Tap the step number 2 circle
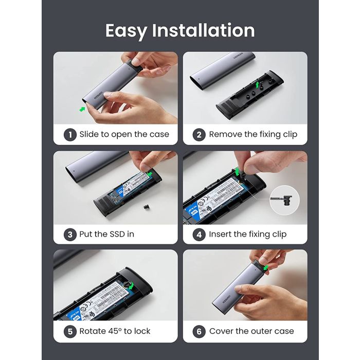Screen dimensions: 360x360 [x=200, y=135]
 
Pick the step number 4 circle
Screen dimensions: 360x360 [x=200, y=234]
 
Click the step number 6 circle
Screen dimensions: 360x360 [x=200, y=331]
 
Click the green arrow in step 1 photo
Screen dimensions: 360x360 [x=82, y=109]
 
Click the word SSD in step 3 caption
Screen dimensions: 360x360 [x=116, y=234]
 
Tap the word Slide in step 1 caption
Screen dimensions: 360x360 [x=90, y=135]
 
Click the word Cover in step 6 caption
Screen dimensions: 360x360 [x=222, y=331]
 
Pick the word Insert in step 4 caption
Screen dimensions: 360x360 [x=220, y=234]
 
